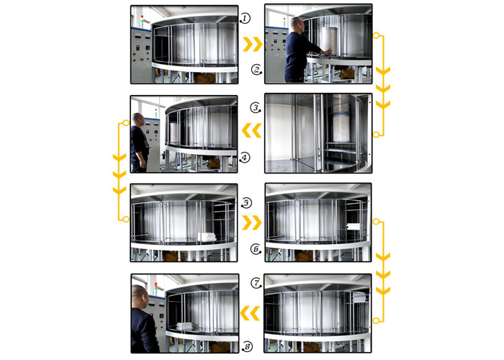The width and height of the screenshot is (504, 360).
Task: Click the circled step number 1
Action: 245,18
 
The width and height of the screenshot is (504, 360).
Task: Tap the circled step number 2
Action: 256,69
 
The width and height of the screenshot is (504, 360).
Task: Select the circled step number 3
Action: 256,108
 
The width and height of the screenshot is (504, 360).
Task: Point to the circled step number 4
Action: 244,158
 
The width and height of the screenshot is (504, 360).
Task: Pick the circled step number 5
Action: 246,203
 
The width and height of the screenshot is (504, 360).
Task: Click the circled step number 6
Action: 256,249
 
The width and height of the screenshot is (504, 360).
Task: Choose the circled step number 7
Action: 256,283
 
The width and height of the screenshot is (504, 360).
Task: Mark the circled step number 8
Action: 247,346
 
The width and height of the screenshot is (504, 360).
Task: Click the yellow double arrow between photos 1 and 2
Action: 253,44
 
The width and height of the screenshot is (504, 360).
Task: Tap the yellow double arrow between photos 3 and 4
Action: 251,130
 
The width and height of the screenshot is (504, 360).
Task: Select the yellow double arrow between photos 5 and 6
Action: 252,222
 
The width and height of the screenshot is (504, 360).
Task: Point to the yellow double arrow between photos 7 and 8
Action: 250,313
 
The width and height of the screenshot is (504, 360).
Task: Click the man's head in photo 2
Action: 297,24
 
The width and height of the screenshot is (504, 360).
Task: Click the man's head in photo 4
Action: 138,120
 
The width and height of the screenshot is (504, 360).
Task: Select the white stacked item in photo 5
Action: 207,237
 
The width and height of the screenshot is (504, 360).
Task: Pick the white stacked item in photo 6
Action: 354,226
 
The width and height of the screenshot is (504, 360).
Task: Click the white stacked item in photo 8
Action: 184,327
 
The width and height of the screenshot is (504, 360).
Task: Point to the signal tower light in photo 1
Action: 142,20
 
